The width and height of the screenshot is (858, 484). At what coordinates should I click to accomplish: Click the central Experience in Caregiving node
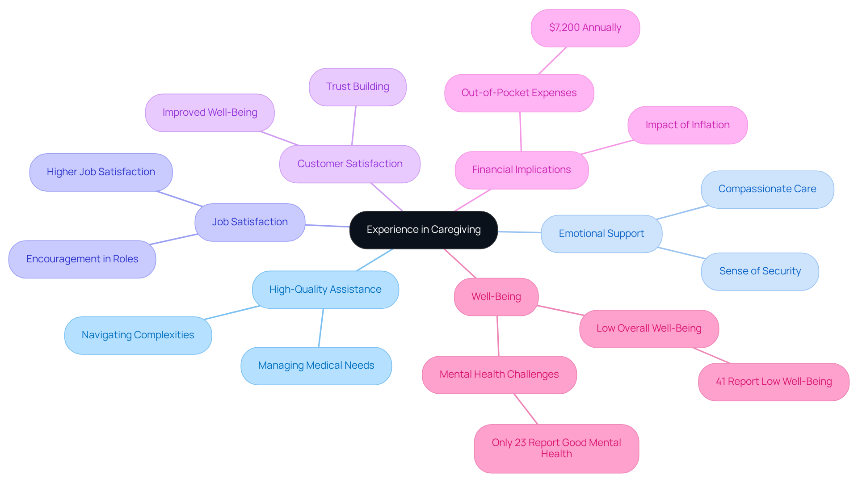point(423,230)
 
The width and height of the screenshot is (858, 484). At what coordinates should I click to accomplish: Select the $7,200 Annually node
point(585,28)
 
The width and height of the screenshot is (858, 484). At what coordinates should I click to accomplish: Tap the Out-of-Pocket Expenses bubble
point(519,93)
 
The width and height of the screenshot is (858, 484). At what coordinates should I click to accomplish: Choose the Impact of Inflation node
point(687,125)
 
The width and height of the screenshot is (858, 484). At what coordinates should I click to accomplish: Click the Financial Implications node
point(521,170)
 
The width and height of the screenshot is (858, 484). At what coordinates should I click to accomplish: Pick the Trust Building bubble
point(357,87)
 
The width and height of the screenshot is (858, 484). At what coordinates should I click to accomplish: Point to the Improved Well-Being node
point(210,113)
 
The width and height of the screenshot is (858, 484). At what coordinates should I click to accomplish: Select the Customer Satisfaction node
point(349,164)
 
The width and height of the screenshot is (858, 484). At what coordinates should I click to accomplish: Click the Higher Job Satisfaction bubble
point(101,172)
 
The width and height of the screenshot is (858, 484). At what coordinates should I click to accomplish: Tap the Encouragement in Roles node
point(82,259)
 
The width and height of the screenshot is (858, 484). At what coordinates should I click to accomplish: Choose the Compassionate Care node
point(767,189)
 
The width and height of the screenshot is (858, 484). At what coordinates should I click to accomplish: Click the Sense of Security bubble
point(760,271)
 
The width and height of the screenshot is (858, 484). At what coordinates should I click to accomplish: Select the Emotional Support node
point(601,234)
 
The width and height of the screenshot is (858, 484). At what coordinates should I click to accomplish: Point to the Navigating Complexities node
point(138,335)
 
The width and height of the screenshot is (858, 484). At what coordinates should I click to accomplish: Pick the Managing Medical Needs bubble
point(316,366)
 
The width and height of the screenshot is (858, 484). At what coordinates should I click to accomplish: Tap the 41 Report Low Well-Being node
point(774,382)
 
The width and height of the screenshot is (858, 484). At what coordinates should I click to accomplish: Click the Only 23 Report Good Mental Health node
point(556,448)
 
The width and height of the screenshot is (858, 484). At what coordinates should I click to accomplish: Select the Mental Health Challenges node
point(499,375)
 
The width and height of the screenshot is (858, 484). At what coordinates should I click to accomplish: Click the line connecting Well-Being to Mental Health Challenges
point(498,336)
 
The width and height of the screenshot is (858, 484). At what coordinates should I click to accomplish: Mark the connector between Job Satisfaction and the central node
point(328,226)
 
